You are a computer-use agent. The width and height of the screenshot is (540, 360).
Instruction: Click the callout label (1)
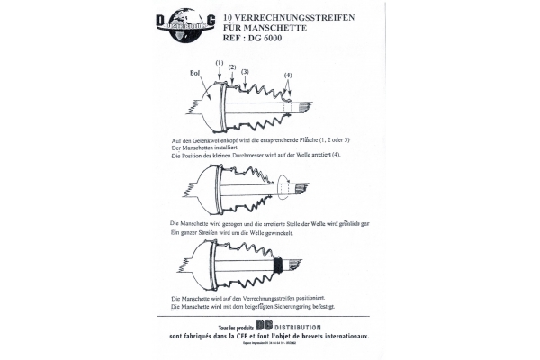pyautogui.click(x=219, y=61)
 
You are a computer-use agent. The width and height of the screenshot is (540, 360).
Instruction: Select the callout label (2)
pyautogui.click(x=232, y=67)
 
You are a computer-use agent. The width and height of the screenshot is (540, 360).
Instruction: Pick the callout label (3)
pyautogui.click(x=245, y=70)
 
